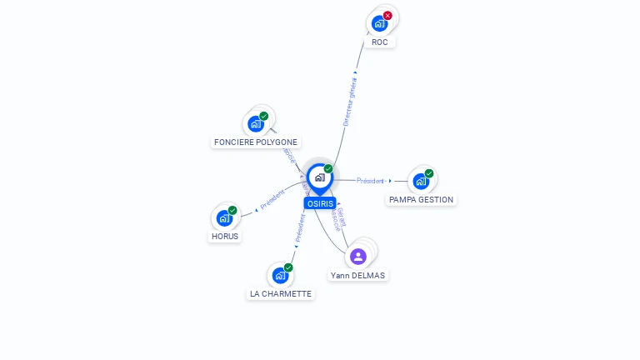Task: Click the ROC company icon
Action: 379,23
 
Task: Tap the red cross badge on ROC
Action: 387,15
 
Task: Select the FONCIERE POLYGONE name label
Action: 256,142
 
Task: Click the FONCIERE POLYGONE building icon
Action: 256,124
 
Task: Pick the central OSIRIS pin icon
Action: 319,177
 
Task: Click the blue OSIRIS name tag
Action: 320,203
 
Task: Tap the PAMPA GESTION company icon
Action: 421,181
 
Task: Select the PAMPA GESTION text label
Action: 422,200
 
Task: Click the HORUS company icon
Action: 224,217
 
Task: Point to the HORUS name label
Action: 225,236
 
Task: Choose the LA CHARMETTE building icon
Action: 280,275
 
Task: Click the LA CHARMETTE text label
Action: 281,293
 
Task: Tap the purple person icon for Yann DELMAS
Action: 358,256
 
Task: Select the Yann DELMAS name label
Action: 357,275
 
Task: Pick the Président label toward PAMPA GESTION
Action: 371,181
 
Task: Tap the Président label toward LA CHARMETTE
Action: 300,227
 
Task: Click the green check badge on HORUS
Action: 232,210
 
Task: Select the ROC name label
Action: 380,42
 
